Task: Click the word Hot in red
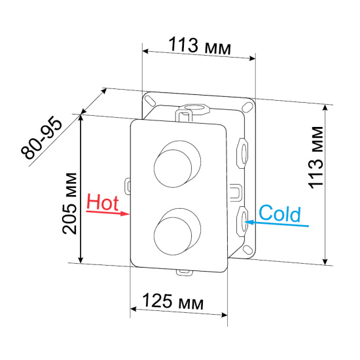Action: pyautogui.click(x=101, y=201)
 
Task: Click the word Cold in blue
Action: pyautogui.click(x=279, y=213)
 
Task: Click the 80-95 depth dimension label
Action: pyautogui.click(x=41, y=139)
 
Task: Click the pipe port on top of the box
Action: pyautogui.click(x=194, y=106)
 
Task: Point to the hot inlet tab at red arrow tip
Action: pyautogui.click(x=127, y=190)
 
